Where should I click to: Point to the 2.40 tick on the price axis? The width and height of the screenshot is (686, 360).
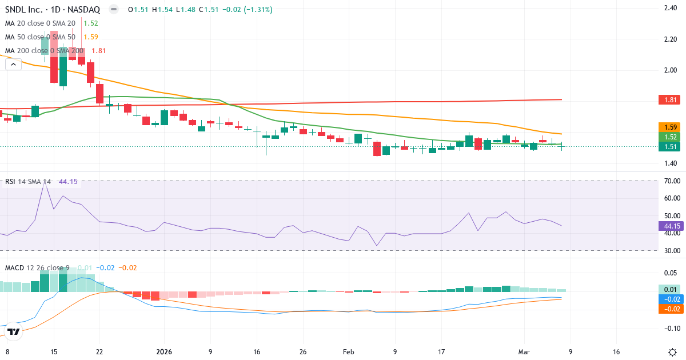coord(671,8)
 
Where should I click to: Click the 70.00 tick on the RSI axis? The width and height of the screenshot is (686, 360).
coord(671,181)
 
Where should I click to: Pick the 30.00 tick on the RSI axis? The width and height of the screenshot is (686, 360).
coord(671,250)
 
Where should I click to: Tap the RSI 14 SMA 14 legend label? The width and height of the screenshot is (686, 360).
coord(27,182)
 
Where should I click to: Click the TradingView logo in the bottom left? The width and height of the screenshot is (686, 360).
coord(14,331)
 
